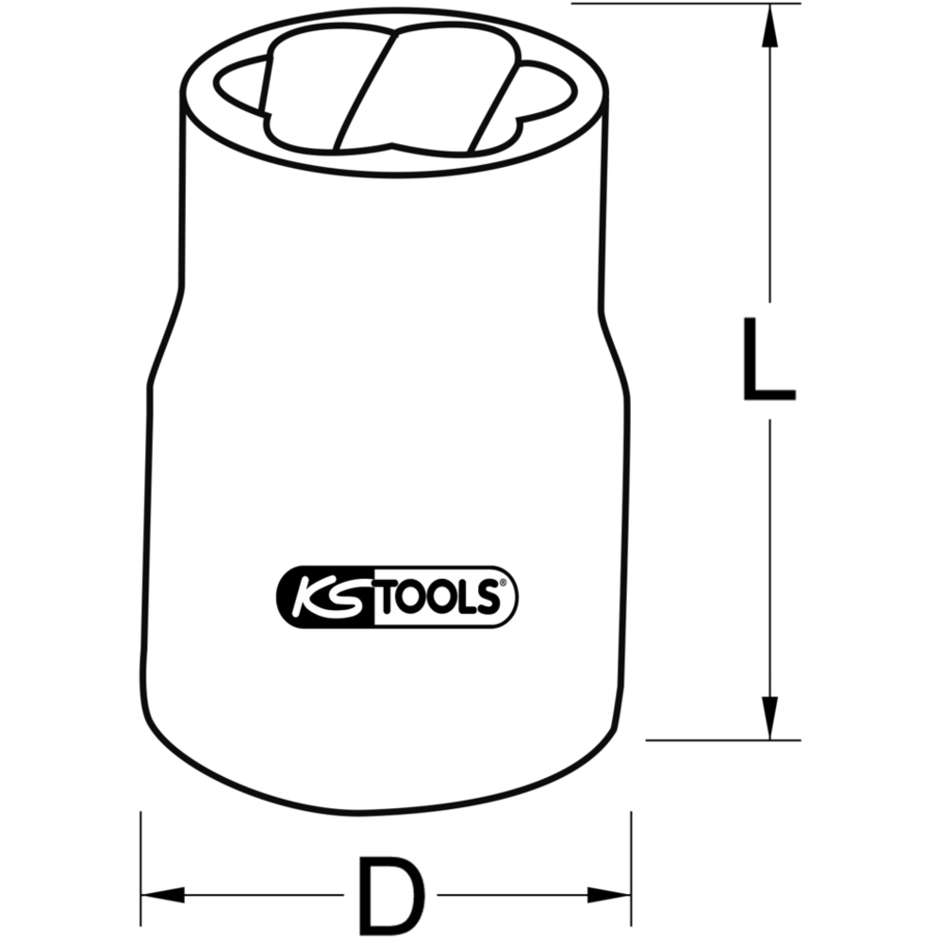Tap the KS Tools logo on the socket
click(x=397, y=597)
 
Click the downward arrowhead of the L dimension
click(x=769, y=718)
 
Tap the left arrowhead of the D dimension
click(x=162, y=895)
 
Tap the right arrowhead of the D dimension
click(x=609, y=895)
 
